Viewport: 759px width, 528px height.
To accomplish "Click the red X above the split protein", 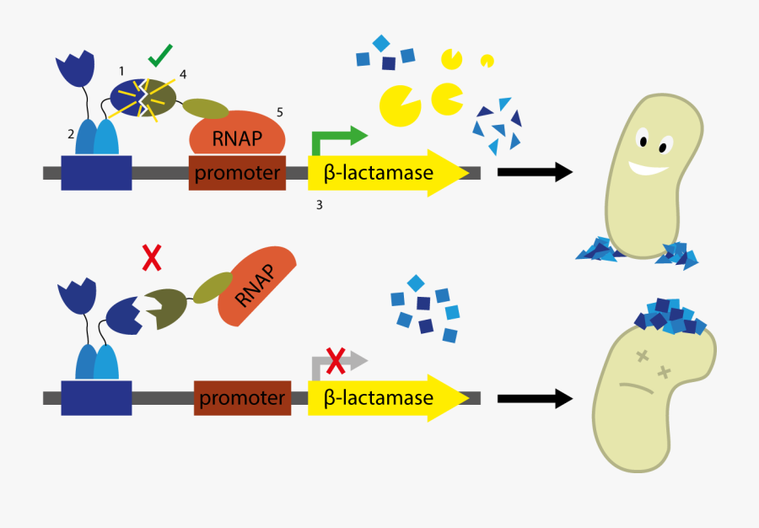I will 152,257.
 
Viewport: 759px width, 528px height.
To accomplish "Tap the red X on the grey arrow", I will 336,362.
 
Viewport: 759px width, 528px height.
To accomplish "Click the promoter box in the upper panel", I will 237,174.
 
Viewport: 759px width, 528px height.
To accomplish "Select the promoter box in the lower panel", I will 243,397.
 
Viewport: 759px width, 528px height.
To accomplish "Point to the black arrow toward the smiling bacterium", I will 534,172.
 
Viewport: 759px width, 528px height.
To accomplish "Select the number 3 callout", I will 319,205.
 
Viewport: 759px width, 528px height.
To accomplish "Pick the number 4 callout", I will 184,74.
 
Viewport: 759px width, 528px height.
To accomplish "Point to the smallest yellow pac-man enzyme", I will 487,61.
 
